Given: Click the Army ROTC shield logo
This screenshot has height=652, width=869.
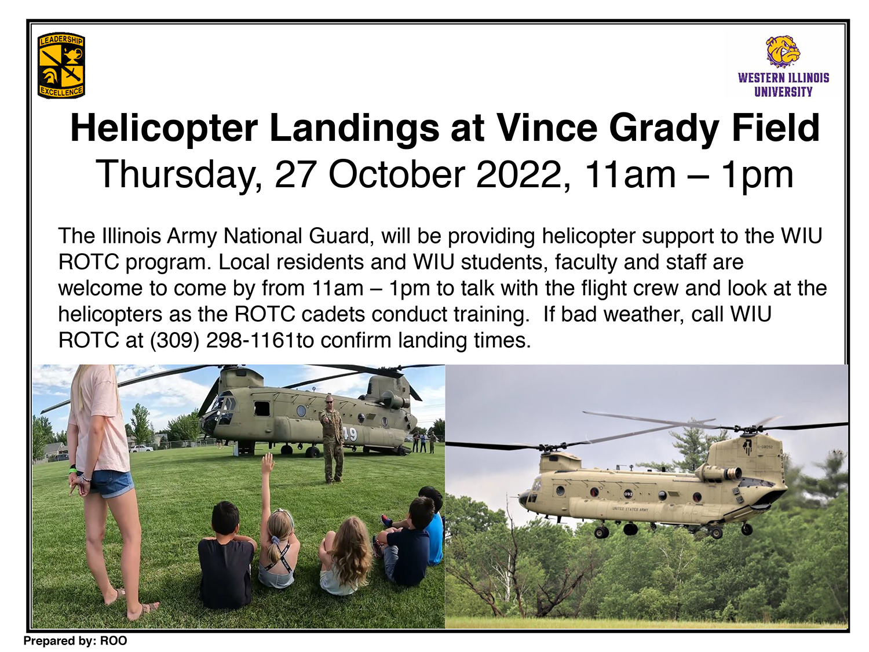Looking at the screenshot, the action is point(61,65).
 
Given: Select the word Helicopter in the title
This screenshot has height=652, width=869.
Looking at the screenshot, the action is point(164,129).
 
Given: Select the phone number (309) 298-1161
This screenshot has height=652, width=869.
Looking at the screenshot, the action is point(222,340).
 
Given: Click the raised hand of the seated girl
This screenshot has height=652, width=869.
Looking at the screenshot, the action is point(268,462).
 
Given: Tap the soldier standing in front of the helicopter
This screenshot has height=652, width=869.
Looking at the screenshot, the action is point(331,438).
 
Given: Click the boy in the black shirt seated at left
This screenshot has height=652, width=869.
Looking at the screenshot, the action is point(226,554).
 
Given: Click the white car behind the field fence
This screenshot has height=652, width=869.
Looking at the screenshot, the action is point(141,448).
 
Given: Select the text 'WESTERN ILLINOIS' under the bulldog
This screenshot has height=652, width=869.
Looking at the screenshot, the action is point(783,78).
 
